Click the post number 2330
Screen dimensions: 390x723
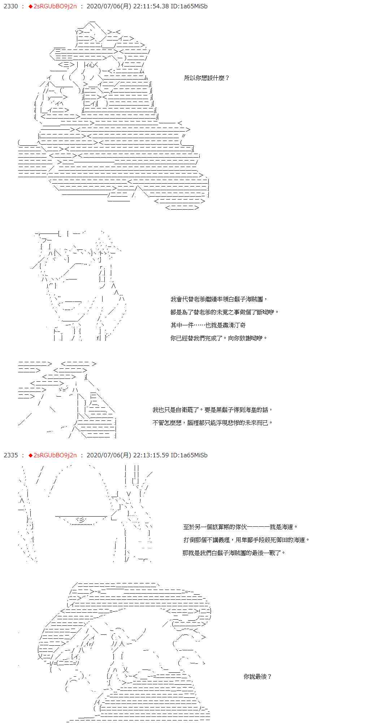[10, 6]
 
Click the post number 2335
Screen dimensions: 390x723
[10, 455]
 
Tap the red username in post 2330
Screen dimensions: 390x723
[55, 6]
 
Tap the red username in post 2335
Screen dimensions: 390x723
[55, 455]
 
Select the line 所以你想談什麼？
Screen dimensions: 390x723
[207, 78]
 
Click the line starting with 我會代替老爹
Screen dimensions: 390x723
[219, 299]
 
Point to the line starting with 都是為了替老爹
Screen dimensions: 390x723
[225, 312]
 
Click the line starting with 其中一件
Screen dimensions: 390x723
[208, 325]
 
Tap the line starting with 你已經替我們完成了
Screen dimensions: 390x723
[219, 338]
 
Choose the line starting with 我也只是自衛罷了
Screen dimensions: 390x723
[212, 410]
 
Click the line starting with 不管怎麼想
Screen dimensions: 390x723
[212, 423]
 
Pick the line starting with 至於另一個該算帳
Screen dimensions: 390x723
[240, 527]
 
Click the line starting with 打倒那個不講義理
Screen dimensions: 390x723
[246, 540]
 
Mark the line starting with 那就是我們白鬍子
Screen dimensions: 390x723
[234, 553]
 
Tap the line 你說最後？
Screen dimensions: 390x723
[257, 676]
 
